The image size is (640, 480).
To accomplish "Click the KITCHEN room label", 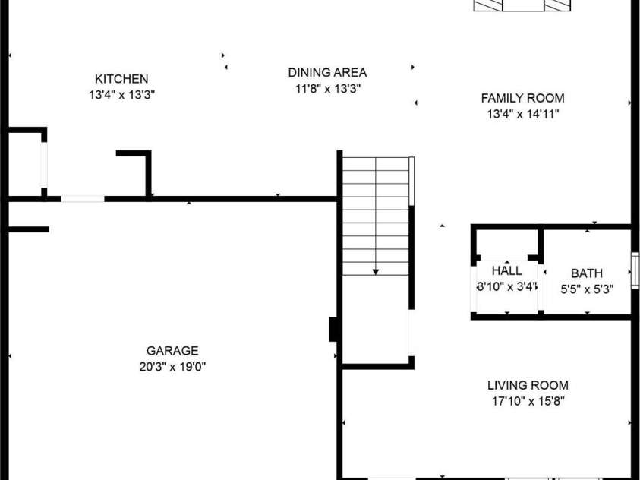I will [121, 79].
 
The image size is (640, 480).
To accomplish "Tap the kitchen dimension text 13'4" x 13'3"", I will [121, 95].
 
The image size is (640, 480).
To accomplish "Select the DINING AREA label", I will [327, 73].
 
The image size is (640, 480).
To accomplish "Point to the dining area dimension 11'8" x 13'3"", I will [327, 89].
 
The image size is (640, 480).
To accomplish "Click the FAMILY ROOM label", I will [522, 98].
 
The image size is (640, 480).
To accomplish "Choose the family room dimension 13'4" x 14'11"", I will [522, 114].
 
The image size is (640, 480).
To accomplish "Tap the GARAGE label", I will [172, 351].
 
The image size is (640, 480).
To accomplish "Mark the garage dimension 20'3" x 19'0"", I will [172, 367].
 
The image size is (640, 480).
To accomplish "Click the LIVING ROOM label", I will [528, 386].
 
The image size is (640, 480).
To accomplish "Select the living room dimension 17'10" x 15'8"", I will [528, 402].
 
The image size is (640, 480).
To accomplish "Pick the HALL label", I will [506, 271].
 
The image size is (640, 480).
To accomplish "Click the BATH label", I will [587, 273].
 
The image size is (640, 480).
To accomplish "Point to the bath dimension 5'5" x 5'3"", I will [587, 289].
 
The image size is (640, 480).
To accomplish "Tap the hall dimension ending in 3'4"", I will [506, 287].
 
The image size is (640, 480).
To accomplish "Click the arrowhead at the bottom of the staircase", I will [376, 272].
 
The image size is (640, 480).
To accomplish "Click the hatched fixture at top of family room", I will [522, 5].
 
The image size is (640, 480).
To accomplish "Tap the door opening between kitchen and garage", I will [83, 199].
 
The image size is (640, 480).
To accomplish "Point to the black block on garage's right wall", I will [333, 329].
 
